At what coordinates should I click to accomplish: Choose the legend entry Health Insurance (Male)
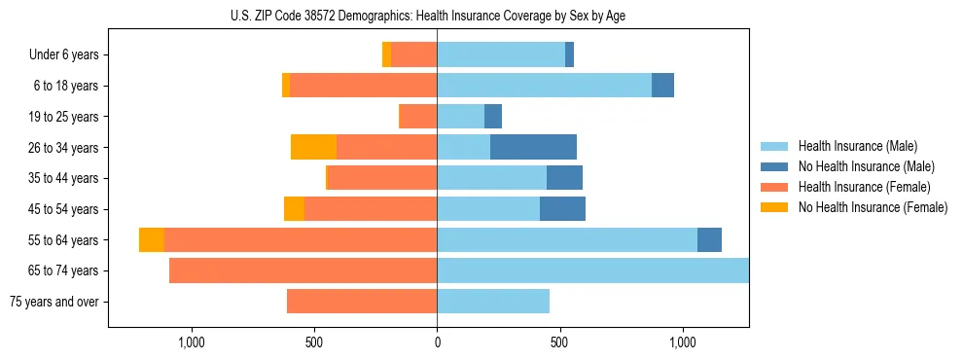857,146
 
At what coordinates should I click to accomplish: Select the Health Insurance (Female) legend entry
864,187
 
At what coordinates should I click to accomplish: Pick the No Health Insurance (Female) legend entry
873,207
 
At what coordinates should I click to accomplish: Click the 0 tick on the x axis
437,342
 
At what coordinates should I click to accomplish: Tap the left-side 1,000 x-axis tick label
191,342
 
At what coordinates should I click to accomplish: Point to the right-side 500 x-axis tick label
559,342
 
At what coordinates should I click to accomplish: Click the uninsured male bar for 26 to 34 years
533,147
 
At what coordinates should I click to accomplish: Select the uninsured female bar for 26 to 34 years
313,147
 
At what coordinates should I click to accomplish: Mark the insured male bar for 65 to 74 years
592,270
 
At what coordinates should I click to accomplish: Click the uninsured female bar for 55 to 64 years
152,239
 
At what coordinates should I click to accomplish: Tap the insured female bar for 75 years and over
362,302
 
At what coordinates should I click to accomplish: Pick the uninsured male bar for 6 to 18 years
662,86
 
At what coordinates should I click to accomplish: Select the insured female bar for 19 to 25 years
418,117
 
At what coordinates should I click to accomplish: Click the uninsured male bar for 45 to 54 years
562,209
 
